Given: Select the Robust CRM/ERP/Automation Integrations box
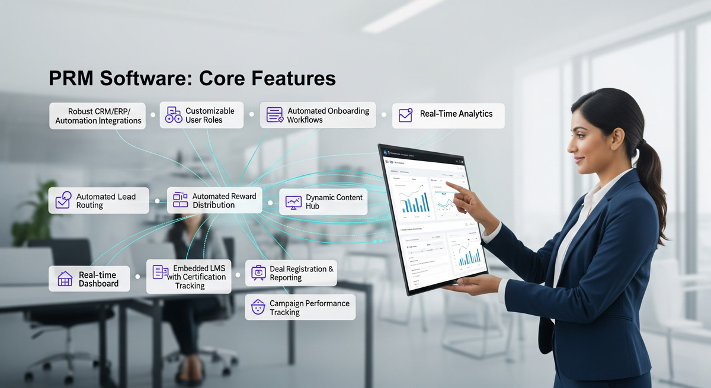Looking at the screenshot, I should [98, 116].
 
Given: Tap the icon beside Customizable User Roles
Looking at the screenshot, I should [174, 115].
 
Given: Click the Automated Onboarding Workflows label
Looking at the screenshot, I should [328, 115].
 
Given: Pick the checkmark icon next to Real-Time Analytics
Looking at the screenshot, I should [406, 115].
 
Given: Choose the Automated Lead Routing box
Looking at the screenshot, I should [99, 201].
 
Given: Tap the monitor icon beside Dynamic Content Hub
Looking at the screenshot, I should [293, 202].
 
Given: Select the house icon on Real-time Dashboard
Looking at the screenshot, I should [65, 279].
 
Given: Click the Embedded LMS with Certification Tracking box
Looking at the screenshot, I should [189, 277].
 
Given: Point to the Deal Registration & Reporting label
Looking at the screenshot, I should [302, 273].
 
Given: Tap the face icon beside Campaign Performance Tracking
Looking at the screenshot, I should [258, 307].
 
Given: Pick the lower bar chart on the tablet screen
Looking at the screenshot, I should [468, 255].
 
